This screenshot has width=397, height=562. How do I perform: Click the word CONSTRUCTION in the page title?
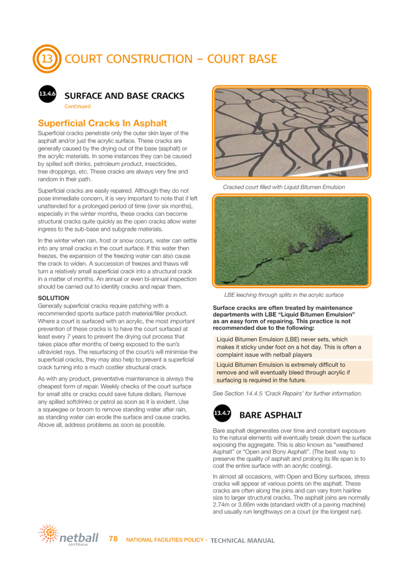pyautogui.click(x=136, y=60)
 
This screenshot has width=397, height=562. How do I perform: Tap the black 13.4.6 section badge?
pyautogui.click(x=47, y=95)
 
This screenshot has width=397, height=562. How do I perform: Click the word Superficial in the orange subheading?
pyautogui.click(x=66, y=124)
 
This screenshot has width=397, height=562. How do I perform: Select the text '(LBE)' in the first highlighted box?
pyautogui.click(x=281, y=339)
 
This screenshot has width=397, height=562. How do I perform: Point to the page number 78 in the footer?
pyautogui.click(x=114, y=537)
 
